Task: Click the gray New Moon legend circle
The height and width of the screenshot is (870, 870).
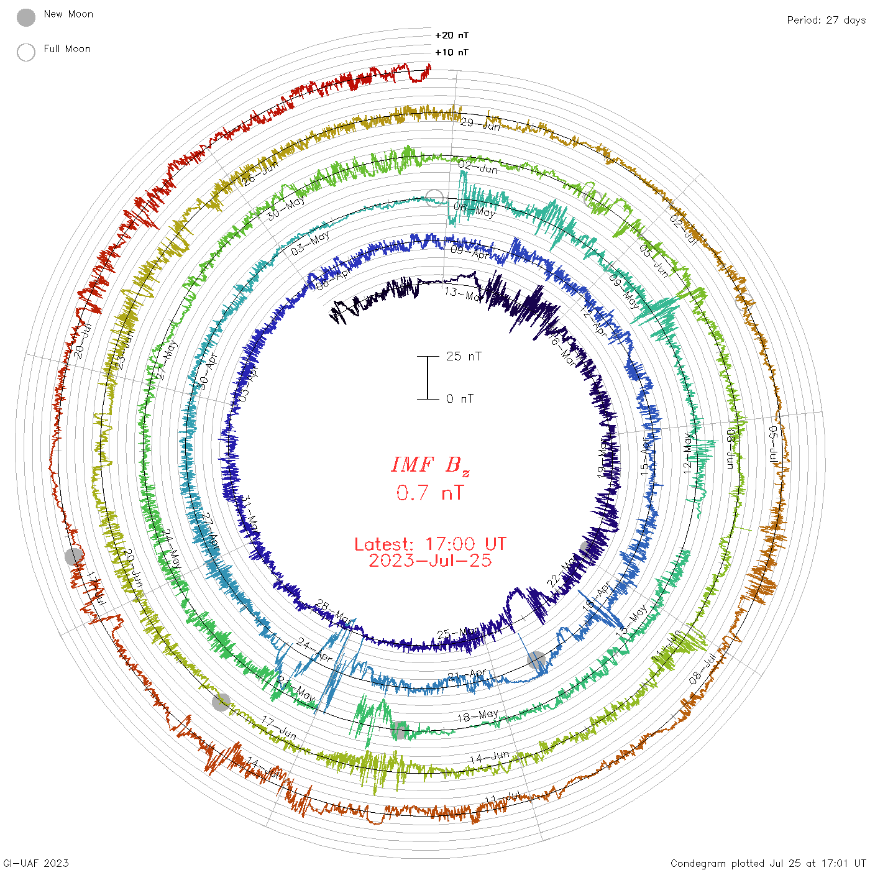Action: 26,18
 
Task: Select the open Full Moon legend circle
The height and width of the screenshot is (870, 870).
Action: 26,52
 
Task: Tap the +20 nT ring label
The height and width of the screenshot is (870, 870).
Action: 452,35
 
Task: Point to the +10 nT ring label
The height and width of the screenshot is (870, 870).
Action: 452,52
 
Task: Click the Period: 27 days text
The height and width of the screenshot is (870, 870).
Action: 826,20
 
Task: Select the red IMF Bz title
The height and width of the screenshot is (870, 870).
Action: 430,465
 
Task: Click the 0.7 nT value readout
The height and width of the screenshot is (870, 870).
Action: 430,493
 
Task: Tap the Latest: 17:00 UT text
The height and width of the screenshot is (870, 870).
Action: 430,544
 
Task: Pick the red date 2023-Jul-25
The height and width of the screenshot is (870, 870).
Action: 430,561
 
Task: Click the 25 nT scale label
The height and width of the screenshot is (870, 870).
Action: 464,357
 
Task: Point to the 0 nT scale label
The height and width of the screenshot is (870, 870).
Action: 460,399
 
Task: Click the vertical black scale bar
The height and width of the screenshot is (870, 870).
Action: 428,378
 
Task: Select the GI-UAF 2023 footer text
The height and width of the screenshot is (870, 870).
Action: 36,863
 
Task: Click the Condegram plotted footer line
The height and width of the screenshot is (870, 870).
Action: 768,863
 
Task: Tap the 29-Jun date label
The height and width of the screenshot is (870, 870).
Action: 480,124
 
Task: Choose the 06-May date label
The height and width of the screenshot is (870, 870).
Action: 475,210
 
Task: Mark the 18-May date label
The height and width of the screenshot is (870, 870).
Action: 478,716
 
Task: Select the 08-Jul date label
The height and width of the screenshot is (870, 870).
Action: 703,669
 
